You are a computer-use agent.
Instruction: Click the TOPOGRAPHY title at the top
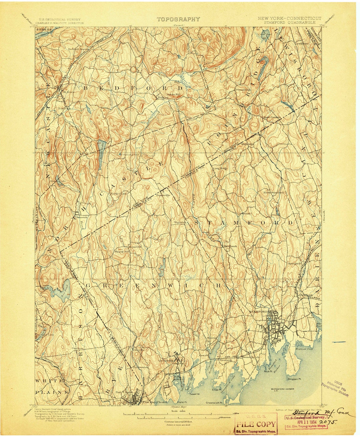click(178, 19)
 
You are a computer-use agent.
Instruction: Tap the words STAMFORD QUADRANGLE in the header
click(289, 23)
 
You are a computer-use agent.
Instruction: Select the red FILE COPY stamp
click(256, 424)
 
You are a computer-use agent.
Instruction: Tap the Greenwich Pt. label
click(214, 403)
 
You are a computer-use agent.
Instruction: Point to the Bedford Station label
click(79, 49)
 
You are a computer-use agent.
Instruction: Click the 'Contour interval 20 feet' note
click(178, 421)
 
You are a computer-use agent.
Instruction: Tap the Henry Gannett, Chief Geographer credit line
click(53, 409)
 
